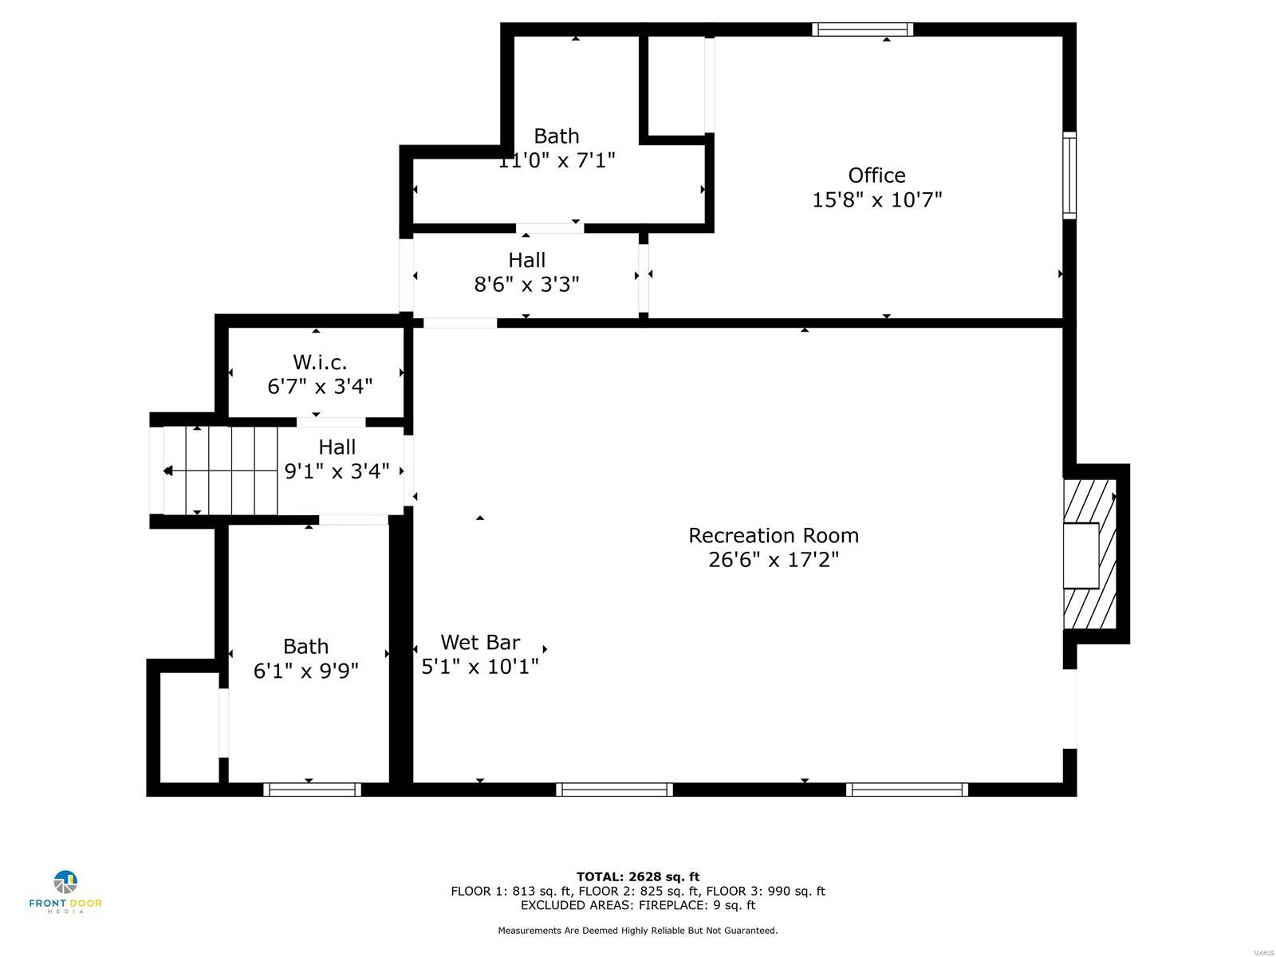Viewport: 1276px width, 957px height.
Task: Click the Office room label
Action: (876, 175)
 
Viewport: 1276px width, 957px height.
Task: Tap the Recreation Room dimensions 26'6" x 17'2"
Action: (774, 560)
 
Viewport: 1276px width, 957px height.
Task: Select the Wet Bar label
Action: (480, 642)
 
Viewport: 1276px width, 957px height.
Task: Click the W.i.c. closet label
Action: (320, 363)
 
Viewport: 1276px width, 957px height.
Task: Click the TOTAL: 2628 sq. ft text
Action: (638, 877)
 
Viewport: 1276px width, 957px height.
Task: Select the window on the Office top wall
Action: (862, 30)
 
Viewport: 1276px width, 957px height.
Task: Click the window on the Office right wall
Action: (1069, 175)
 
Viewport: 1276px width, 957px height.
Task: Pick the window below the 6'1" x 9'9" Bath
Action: (312, 790)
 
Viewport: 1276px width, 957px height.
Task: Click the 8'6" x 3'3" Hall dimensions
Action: (526, 285)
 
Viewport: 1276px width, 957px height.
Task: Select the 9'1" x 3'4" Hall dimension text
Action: (337, 471)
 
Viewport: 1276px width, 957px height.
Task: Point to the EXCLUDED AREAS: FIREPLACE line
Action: (638, 905)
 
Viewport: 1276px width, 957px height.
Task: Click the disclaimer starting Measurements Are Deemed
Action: (638, 931)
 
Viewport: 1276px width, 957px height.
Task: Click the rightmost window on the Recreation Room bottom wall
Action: (907, 790)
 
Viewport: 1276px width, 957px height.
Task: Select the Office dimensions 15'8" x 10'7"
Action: (876, 200)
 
